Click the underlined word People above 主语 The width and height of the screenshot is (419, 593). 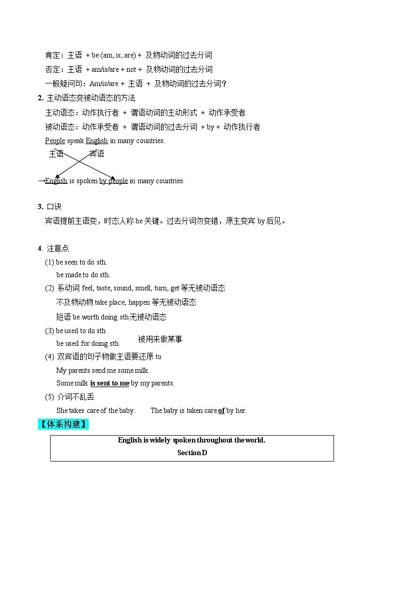coord(55,140)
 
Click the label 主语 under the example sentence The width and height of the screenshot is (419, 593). coord(56,154)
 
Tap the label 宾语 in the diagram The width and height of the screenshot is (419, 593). coord(97,154)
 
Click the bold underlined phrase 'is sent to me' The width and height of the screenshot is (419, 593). coord(109,383)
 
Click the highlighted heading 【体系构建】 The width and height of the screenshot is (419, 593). coord(63,424)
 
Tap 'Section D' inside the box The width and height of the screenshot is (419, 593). coord(192,453)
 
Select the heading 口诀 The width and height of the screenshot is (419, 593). coord(54,206)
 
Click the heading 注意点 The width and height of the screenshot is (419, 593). coord(58,248)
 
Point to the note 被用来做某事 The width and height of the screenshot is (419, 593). coord(160,339)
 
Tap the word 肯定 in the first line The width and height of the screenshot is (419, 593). coord(53,55)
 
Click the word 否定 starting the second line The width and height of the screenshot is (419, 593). coord(53,69)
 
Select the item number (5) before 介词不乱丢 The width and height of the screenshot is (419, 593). coord(50,397)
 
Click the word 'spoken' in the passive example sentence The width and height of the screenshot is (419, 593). coord(87,181)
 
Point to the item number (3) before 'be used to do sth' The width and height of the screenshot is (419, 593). coord(50,331)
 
